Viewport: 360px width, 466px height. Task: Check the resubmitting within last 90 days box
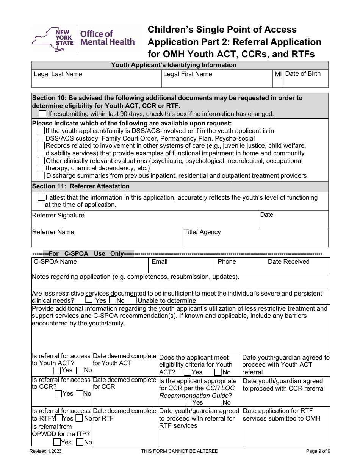(43, 114)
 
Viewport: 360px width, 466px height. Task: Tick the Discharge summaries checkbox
(41, 175)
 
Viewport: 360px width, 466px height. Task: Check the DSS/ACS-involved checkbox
(41, 131)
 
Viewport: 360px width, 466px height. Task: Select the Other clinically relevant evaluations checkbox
(41, 161)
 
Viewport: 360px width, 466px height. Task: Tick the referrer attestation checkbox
(41, 197)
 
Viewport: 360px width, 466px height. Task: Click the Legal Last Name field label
(58, 74)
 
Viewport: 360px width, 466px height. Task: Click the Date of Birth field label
(302, 73)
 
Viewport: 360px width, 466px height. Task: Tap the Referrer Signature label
(58, 215)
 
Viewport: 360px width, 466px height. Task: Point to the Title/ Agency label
(202, 232)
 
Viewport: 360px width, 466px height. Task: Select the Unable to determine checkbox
(133, 300)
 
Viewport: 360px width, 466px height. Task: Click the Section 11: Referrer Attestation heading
(81, 186)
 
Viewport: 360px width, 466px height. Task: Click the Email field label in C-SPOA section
(160, 261)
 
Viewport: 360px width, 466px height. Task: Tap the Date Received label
(289, 261)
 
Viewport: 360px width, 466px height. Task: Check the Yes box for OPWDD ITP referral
(57, 442)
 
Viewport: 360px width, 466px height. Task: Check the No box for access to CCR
(79, 394)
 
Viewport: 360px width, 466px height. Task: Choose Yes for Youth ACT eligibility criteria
(187, 372)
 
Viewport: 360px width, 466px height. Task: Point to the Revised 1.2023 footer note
(46, 451)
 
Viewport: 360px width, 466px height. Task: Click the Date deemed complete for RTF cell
(125, 414)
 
